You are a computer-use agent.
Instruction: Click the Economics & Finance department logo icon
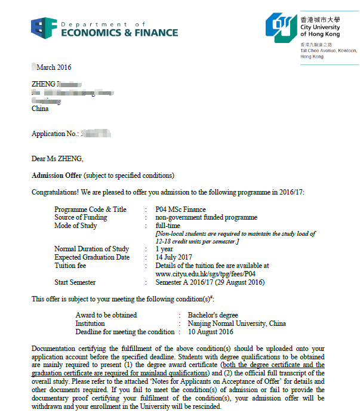coord(44,27)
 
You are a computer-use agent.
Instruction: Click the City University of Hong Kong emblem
coord(281,26)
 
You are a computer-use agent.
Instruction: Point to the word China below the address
coord(40,109)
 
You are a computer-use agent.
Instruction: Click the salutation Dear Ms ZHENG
coord(57,159)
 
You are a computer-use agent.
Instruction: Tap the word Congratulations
coord(56,192)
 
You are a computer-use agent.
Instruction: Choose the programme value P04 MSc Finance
coord(180,209)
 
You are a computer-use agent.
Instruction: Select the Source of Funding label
coord(81,217)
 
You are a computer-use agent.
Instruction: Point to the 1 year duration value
coord(164,249)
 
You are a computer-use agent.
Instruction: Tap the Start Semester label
coord(75,282)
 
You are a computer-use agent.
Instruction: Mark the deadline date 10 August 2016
coord(210,331)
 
